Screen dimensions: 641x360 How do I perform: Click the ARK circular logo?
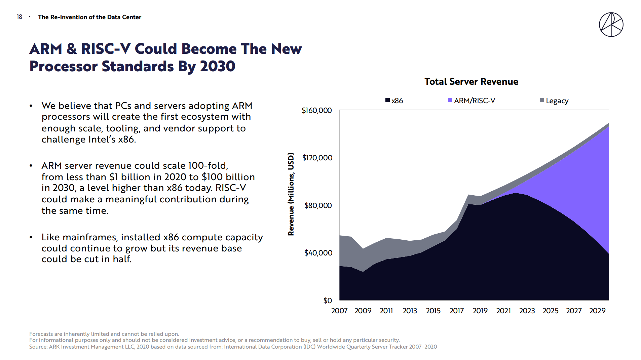pyautogui.click(x=611, y=25)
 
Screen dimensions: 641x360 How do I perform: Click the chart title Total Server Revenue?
pyautogui.click(x=471, y=82)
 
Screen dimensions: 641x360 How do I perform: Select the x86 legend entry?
pyautogui.click(x=394, y=101)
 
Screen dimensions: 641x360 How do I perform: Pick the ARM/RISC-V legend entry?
pyautogui.click(x=472, y=101)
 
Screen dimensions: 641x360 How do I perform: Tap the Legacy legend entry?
pyautogui.click(x=554, y=101)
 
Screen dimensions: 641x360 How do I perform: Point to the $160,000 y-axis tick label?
pyautogui.click(x=317, y=111)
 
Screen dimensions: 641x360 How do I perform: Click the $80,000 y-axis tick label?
pyautogui.click(x=318, y=205)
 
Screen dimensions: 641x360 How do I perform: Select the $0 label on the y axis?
pyautogui.click(x=328, y=301)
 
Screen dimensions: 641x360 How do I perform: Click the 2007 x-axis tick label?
pyautogui.click(x=339, y=311)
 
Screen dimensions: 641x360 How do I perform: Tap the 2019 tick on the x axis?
pyautogui.click(x=480, y=311)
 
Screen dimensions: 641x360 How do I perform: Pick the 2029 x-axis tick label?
pyautogui.click(x=597, y=311)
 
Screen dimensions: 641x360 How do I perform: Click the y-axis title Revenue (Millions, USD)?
pyautogui.click(x=291, y=194)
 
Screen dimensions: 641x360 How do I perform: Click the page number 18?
pyautogui.click(x=20, y=17)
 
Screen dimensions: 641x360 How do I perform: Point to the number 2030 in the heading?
pyautogui.click(x=217, y=66)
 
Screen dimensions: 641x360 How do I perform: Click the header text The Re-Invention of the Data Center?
pyautogui.click(x=89, y=17)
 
